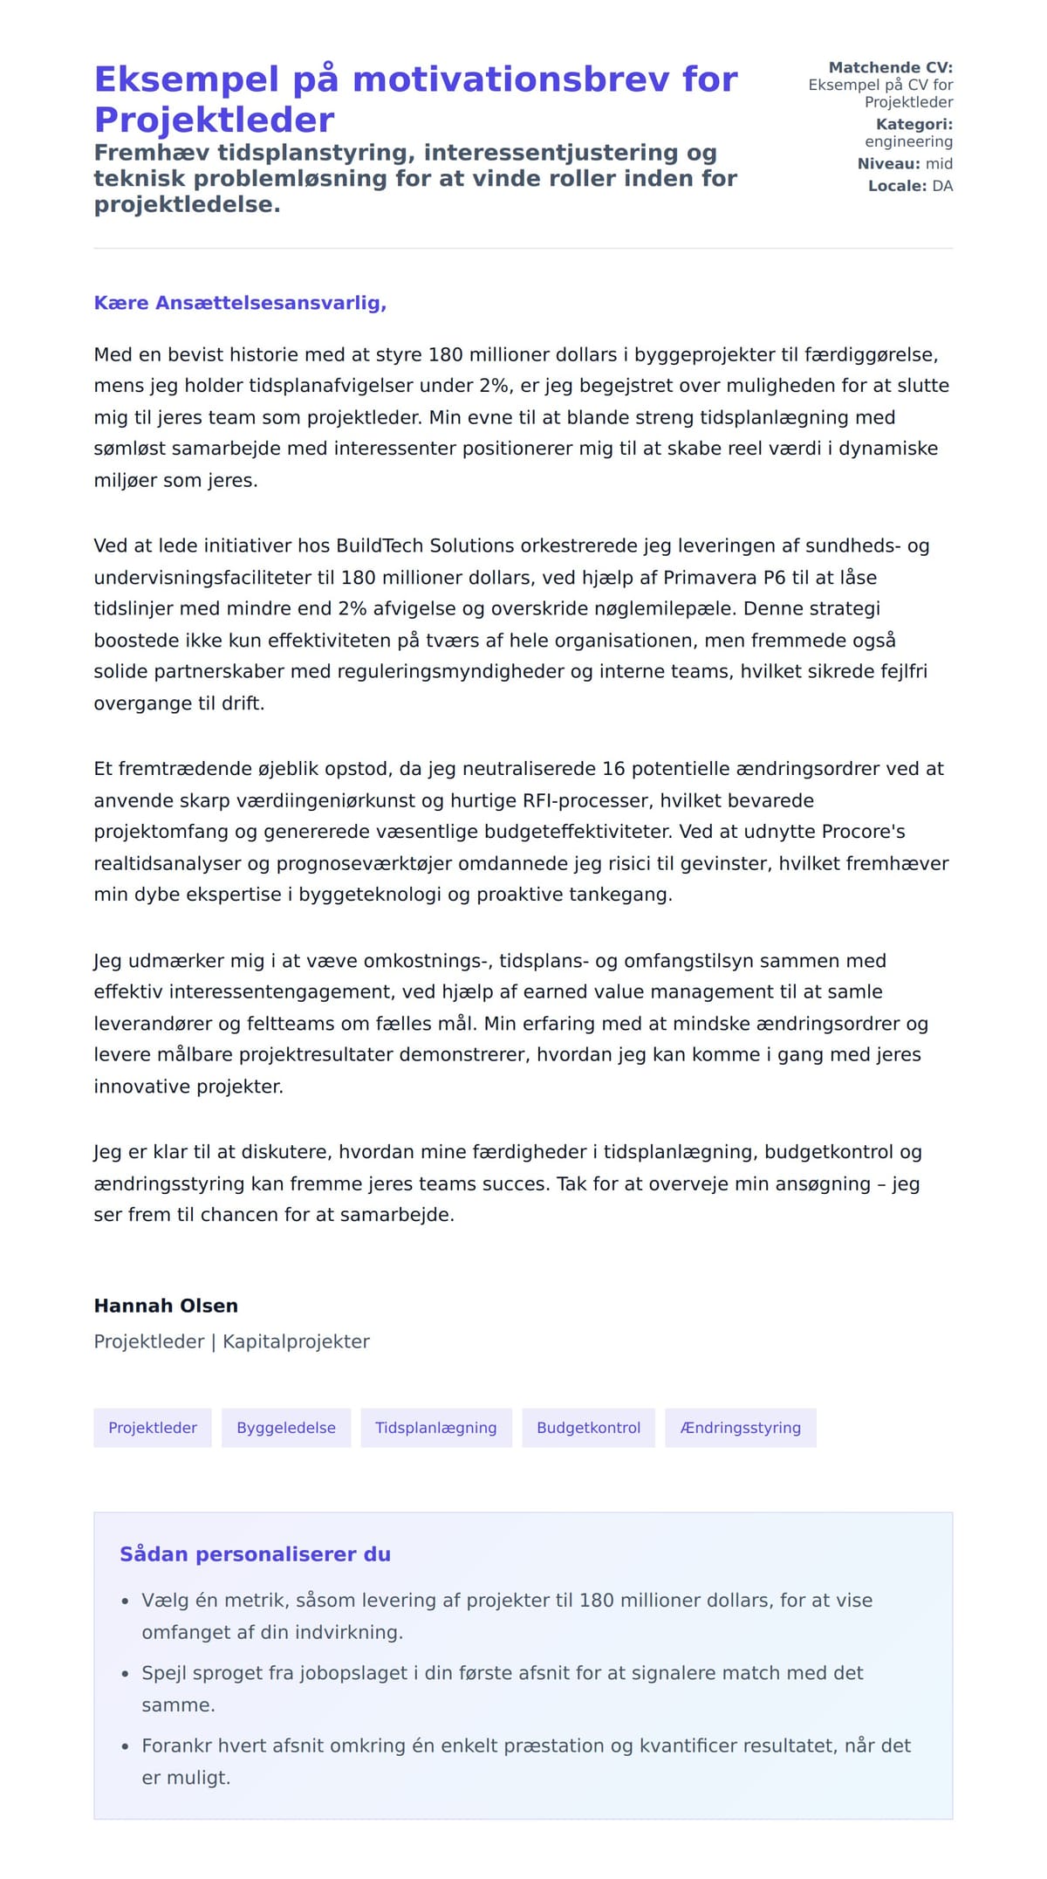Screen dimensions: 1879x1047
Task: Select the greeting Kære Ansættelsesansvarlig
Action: tap(240, 303)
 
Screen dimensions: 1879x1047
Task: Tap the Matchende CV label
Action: tap(890, 67)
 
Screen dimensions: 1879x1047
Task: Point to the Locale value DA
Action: tap(942, 186)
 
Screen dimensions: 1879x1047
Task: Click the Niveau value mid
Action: tap(939, 164)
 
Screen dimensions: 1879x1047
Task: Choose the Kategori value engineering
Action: tap(908, 141)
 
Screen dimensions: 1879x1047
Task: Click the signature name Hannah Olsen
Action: tap(166, 1306)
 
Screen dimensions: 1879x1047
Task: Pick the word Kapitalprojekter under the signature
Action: tap(296, 1341)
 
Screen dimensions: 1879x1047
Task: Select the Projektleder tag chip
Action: tap(153, 1428)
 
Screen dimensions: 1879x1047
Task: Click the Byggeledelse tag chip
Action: tap(286, 1428)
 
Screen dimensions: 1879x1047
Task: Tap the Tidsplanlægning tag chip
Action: tap(436, 1428)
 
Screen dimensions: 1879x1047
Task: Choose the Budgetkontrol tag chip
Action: tap(588, 1428)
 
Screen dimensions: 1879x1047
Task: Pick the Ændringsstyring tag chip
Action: tap(740, 1428)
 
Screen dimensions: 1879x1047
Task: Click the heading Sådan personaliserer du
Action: tap(255, 1554)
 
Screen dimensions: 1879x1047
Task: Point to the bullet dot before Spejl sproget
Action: tap(125, 1675)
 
